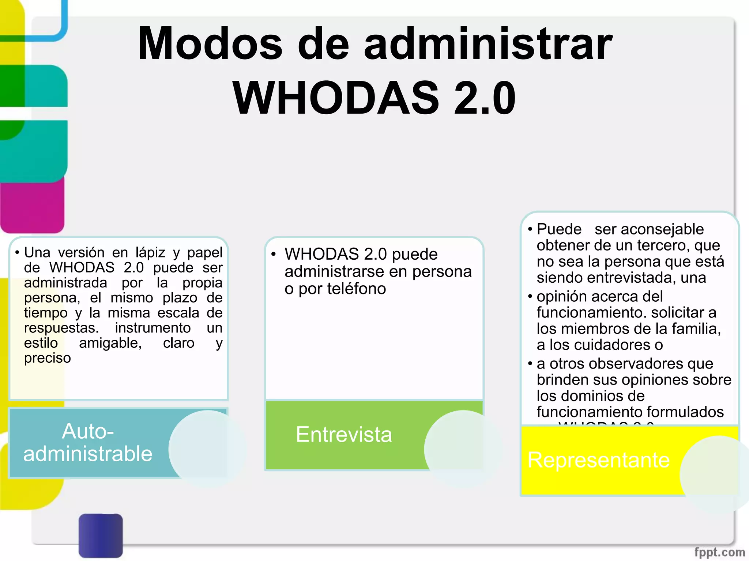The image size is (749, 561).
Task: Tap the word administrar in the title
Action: click(x=488, y=44)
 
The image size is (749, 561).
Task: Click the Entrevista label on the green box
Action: click(x=344, y=435)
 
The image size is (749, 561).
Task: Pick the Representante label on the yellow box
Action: click(x=598, y=460)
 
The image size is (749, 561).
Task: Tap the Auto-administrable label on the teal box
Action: click(x=88, y=443)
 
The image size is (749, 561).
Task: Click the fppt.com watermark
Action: click(x=719, y=552)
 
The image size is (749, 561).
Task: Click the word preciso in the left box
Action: click(x=48, y=358)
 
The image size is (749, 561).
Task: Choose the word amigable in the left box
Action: click(x=110, y=343)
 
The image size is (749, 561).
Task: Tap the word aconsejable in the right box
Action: click(x=649, y=229)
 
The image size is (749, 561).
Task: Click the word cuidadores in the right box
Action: click(x=607, y=345)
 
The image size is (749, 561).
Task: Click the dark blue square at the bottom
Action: click(x=101, y=535)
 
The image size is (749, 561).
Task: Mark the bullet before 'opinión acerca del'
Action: click(x=530, y=296)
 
